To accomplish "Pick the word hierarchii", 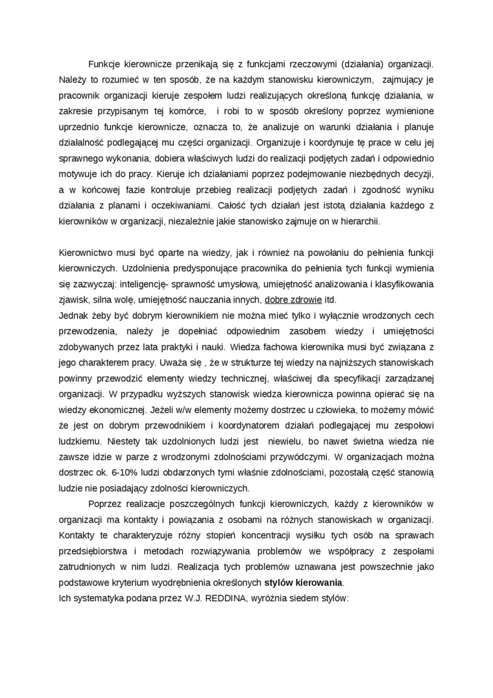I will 357,221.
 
